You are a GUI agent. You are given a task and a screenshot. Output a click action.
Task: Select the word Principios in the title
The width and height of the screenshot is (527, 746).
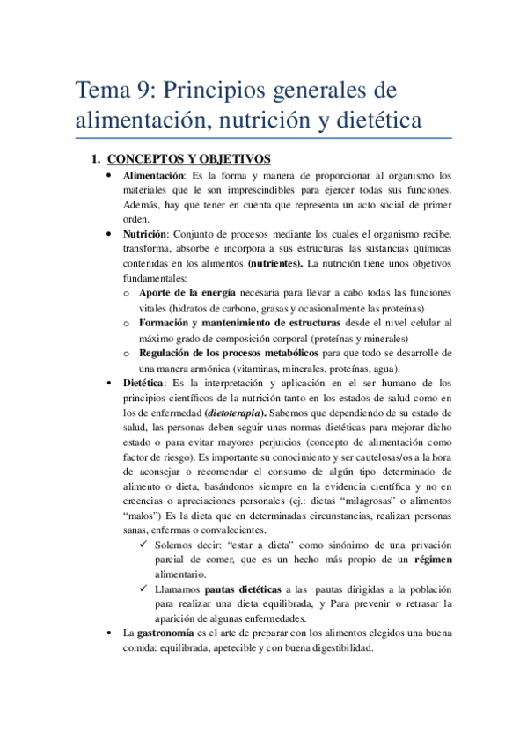[x=220, y=91]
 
